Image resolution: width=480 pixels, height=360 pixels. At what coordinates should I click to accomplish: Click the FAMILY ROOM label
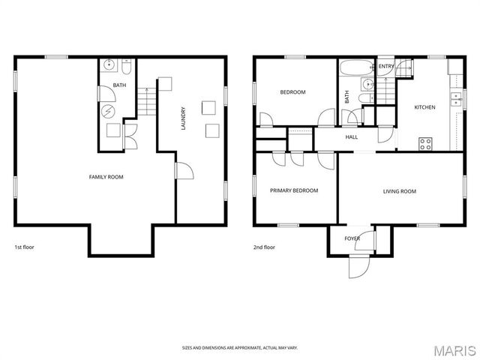106,177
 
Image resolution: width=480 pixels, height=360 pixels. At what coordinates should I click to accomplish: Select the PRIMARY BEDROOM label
294,190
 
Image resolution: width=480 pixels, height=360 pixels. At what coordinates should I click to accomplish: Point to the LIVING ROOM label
399,191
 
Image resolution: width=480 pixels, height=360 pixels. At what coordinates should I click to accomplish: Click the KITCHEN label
424,107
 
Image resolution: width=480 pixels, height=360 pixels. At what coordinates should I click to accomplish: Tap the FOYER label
352,238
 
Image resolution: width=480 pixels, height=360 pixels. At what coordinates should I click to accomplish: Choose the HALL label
351,137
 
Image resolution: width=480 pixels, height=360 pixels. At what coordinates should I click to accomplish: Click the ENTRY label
386,67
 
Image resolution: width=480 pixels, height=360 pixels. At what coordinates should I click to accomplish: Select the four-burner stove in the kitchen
425,142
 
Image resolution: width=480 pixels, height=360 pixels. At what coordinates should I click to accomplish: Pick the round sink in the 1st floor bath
109,66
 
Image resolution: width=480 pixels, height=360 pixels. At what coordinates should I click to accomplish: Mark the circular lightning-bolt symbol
109,111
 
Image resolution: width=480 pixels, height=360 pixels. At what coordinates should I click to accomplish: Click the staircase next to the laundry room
147,102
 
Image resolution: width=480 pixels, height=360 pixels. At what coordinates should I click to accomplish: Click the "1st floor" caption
24,247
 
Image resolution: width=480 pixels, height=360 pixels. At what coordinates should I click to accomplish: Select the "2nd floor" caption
264,247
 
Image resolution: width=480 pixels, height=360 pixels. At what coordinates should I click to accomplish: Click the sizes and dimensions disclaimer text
240,347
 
